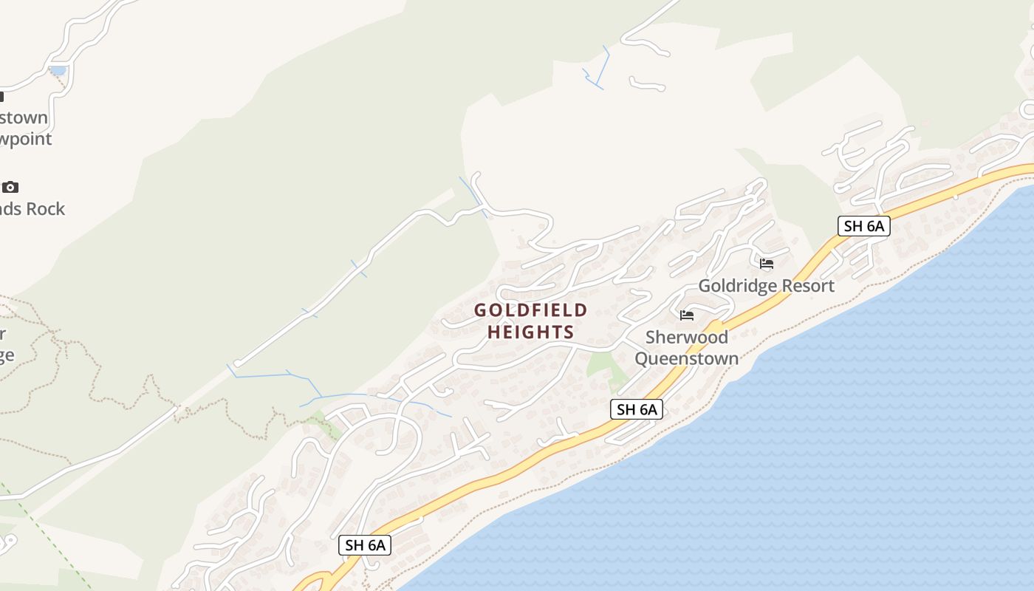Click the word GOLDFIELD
(530, 310)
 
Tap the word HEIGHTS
(530, 332)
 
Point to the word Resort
(810, 286)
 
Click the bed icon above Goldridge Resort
(767, 263)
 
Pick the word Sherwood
(687, 338)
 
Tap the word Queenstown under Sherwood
(687, 359)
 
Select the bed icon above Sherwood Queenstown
(687, 315)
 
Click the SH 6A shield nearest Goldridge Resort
(863, 226)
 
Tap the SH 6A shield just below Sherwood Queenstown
(637, 409)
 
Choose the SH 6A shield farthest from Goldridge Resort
(364, 545)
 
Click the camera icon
(10, 187)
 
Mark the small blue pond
(57, 71)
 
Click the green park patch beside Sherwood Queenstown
(601, 363)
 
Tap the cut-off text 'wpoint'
(27, 139)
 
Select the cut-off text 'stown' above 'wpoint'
(24, 117)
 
